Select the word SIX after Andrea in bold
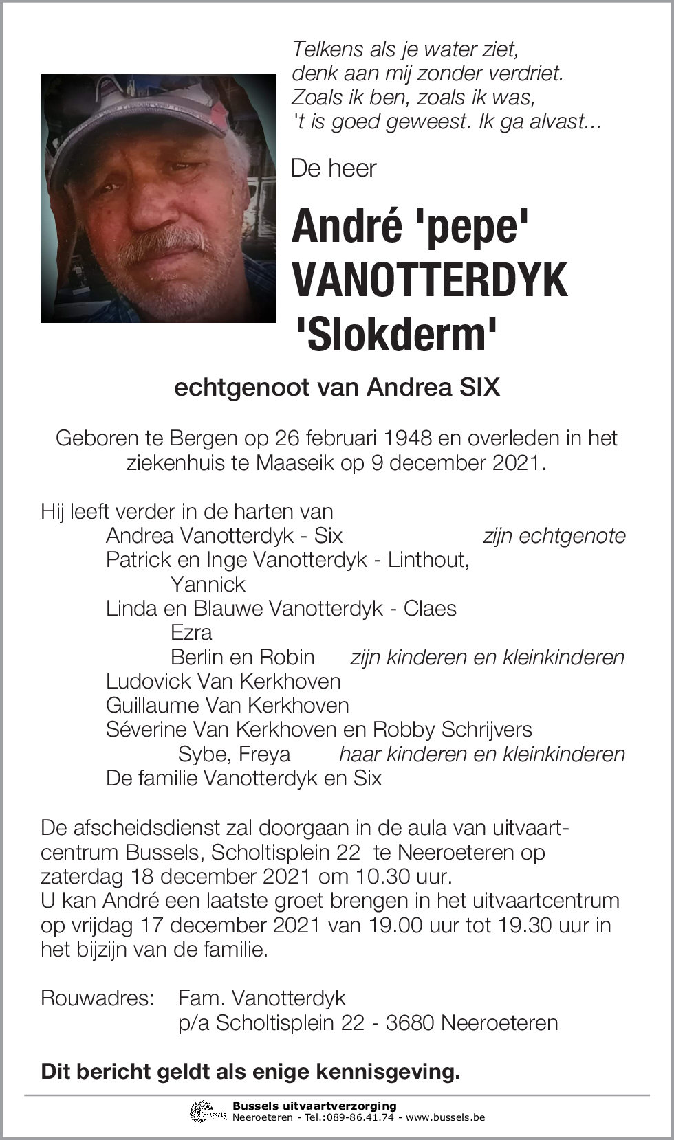coord(479,388)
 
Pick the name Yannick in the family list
coord(208,584)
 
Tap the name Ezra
coord(191,632)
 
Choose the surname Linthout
coord(428,560)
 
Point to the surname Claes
coord(430,608)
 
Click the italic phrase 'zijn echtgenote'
coord(554,536)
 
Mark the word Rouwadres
coord(97,998)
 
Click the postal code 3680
coord(410,1022)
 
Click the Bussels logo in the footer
coord(208,1111)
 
